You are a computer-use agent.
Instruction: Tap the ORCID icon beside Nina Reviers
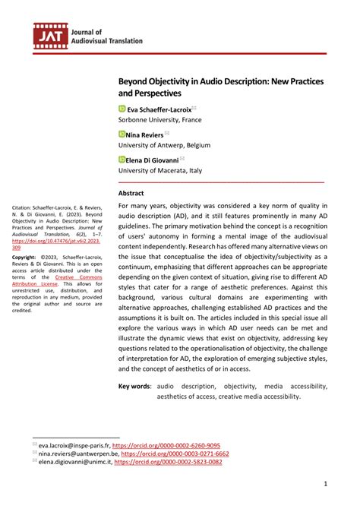pyautogui.click(x=122, y=134)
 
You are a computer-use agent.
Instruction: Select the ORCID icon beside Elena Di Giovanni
pyautogui.click(x=122, y=160)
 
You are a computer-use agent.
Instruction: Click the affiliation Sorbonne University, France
pyautogui.click(x=163, y=121)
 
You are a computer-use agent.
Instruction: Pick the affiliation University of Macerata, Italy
pyautogui.click(x=165, y=171)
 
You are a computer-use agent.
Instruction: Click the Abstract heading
pyautogui.click(x=133, y=193)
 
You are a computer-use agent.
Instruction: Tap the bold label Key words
pyautogui.click(x=134, y=387)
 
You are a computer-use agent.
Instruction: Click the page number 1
pyautogui.click(x=326, y=483)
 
